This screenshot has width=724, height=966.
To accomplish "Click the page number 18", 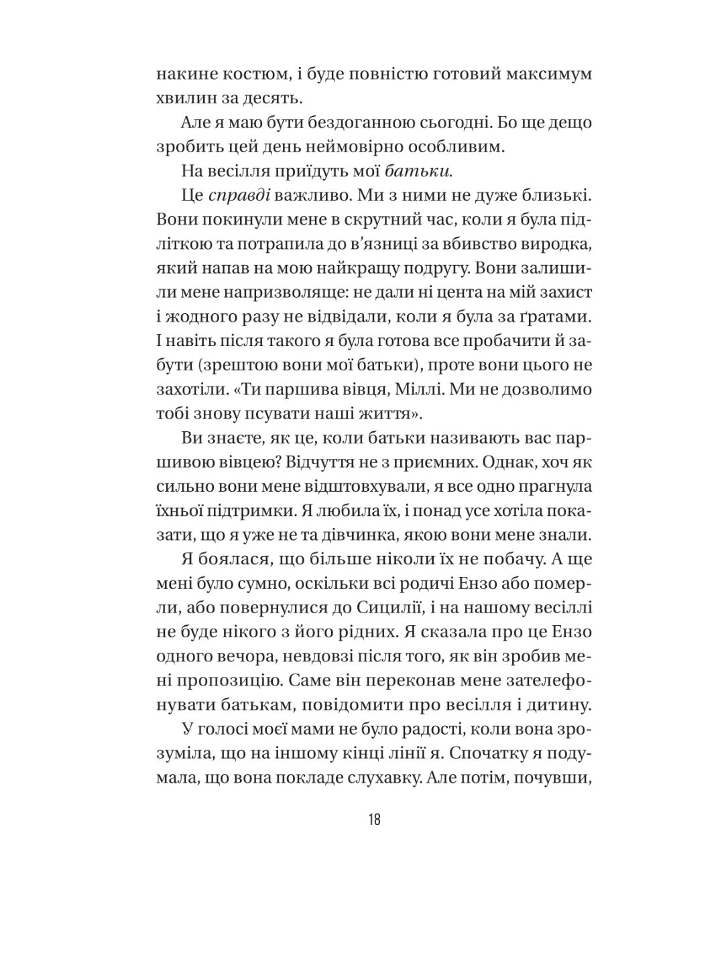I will pyautogui.click(x=374, y=819).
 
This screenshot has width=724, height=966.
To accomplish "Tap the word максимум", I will pyautogui.click(x=550, y=73).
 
